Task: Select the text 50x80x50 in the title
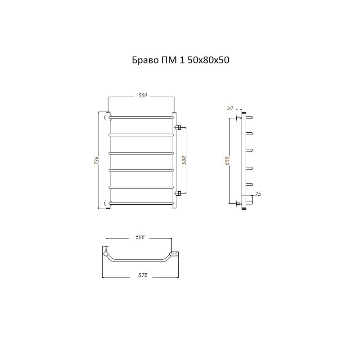pyautogui.click(x=208, y=60)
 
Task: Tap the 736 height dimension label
pyautogui.click(x=97, y=160)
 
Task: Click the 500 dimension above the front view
pyautogui.click(x=143, y=95)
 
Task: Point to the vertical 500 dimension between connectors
pyautogui.click(x=184, y=160)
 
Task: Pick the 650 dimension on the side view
pyautogui.click(x=227, y=161)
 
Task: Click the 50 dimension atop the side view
pyautogui.click(x=230, y=108)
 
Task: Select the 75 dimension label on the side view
pyautogui.click(x=258, y=194)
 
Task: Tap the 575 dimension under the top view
pyautogui.click(x=143, y=275)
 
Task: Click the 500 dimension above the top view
pyautogui.click(x=140, y=237)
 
